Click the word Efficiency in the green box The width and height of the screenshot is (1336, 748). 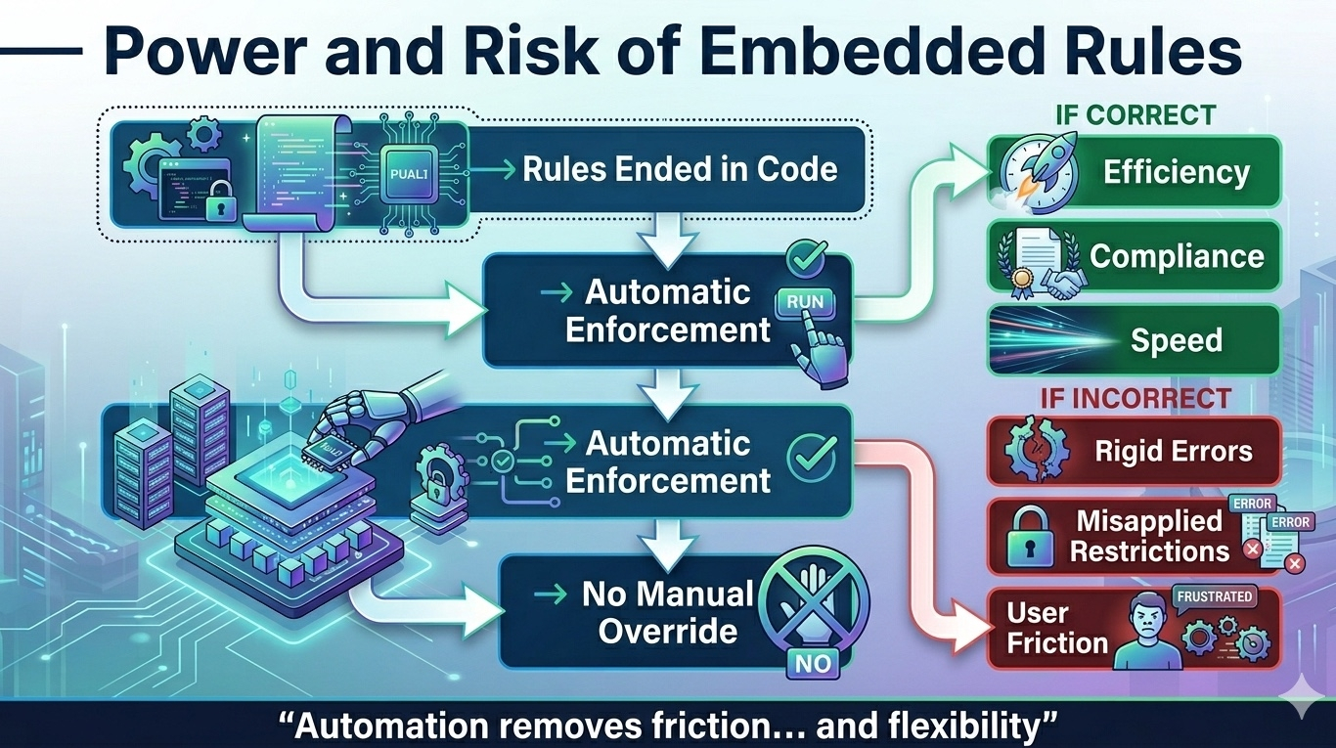1176,172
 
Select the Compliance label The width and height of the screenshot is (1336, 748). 1177,256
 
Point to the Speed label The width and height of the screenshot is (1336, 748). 1176,340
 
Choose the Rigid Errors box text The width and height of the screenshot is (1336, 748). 1174,452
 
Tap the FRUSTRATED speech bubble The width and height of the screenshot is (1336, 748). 1214,596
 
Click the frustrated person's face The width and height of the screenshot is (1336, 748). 1146,624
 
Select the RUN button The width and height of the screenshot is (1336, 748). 804,302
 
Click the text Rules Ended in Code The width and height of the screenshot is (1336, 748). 680,169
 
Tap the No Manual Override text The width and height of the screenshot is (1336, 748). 668,612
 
